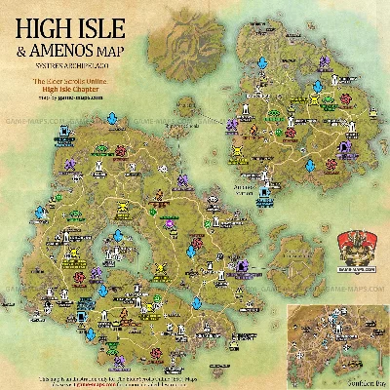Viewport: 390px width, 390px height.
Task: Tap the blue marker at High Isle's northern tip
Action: pyautogui.click(x=112, y=121)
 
